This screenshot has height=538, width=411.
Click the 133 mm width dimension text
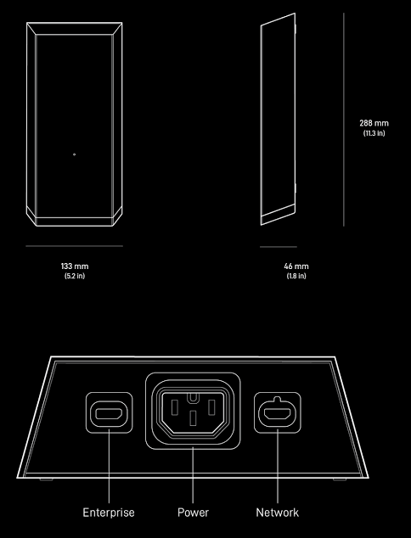coord(75,266)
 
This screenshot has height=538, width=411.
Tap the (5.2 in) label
coord(75,276)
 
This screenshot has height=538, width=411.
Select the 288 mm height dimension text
coord(374,123)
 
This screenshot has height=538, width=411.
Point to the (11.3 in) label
coord(374,132)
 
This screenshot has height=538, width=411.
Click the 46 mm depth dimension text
coord(296,266)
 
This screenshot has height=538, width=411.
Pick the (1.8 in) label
coord(296,276)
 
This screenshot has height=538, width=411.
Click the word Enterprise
coord(109,513)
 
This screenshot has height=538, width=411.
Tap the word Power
coord(193,513)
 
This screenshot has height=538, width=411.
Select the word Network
coord(278,513)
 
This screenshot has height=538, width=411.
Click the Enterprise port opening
coord(109,414)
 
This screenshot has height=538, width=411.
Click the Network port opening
coord(278,414)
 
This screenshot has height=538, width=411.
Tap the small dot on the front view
coord(75,154)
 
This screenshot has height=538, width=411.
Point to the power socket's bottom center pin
coord(193,418)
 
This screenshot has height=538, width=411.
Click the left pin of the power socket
coord(174,407)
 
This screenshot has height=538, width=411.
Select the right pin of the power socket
coord(211,407)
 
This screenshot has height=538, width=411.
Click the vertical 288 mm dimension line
coord(343,120)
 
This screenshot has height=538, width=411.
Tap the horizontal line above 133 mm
coord(74,246)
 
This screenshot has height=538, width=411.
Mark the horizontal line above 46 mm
coord(279,247)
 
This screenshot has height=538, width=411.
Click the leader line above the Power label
coord(193,475)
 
